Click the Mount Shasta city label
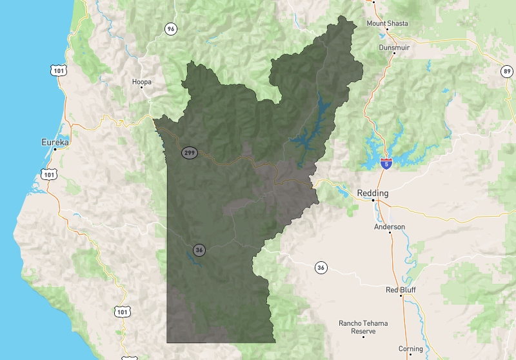387,23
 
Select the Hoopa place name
141,82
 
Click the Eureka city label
55,141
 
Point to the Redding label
372,193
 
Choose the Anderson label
390,227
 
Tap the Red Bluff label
401,290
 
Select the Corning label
410,349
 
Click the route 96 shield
170,29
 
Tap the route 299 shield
189,153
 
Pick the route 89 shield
507,71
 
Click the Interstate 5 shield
386,163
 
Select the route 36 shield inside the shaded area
199,250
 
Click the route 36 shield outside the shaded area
321,266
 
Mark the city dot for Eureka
55,150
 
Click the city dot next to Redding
373,201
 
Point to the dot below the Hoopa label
142,88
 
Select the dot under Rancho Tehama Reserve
364,337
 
